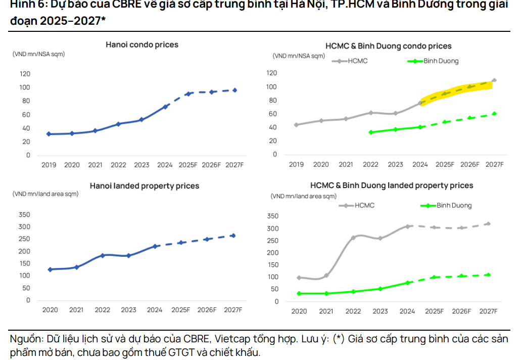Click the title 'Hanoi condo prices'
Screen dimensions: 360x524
[142, 44]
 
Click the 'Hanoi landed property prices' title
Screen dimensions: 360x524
[145, 186]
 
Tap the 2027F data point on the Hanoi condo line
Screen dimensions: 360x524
[234, 90]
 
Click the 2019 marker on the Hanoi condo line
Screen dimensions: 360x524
[49, 134]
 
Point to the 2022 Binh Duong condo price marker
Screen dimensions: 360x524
[371, 132]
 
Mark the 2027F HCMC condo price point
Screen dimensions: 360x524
[494, 80]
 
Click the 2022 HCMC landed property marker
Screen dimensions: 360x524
[353, 238]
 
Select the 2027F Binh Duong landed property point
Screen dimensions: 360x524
[488, 275]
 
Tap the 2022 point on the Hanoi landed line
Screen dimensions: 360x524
[103, 255]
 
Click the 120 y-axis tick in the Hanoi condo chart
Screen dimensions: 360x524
[25, 74]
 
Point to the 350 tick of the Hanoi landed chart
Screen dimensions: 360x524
[25, 215]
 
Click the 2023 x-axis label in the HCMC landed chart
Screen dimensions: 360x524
[380, 311]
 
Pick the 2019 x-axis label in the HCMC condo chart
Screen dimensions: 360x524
[296, 164]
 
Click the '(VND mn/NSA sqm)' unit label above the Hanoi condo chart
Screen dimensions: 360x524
[38, 54]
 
